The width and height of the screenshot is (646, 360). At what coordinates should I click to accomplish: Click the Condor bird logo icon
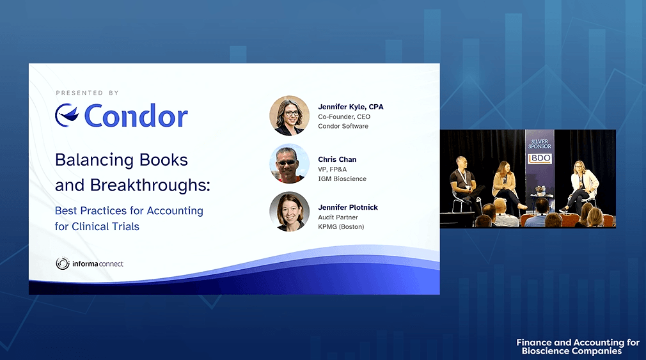pos(67,115)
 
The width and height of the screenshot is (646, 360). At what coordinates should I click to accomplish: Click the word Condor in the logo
pos(136,115)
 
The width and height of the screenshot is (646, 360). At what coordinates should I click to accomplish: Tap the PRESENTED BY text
pos(88,93)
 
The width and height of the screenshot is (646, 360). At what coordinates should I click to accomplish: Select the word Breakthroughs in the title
pos(150,185)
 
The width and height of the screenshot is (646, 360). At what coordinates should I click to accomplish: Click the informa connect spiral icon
pos(63,263)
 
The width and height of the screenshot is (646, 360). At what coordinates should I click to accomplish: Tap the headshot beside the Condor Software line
pos(289,116)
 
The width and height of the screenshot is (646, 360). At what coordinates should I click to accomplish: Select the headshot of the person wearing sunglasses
pos(289,164)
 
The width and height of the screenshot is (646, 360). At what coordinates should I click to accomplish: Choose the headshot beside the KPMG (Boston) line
pos(289,211)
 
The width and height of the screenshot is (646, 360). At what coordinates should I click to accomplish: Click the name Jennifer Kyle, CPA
pos(351,107)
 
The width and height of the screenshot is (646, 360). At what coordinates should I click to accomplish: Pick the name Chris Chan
pos(337,159)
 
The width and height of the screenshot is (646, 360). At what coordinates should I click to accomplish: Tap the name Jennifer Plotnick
pos(348,207)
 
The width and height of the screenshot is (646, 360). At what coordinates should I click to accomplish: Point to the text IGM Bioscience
pos(342,179)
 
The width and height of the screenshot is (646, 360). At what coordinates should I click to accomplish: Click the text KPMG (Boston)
pos(341,226)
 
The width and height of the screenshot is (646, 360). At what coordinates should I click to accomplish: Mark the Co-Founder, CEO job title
pos(344,116)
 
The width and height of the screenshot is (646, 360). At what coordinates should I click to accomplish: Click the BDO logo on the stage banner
pos(540,159)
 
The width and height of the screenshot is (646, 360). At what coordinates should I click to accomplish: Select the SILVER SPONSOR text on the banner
pos(540,144)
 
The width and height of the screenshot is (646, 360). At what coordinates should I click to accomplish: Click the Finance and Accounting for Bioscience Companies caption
pos(578,347)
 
